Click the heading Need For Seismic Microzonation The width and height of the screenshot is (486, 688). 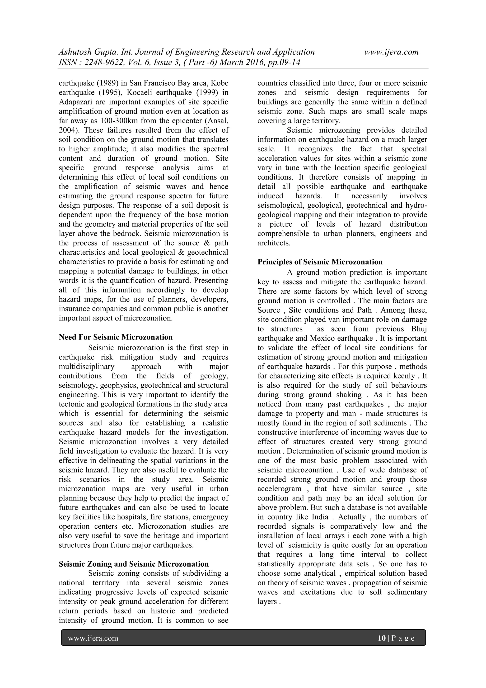(116, 337)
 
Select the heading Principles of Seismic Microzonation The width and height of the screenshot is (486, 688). (320, 262)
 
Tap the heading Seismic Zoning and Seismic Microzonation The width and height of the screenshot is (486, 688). (133, 564)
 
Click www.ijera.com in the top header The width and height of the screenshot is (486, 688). (391, 52)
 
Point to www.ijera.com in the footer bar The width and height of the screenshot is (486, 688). (93, 638)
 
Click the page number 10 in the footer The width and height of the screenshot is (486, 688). (382, 638)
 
